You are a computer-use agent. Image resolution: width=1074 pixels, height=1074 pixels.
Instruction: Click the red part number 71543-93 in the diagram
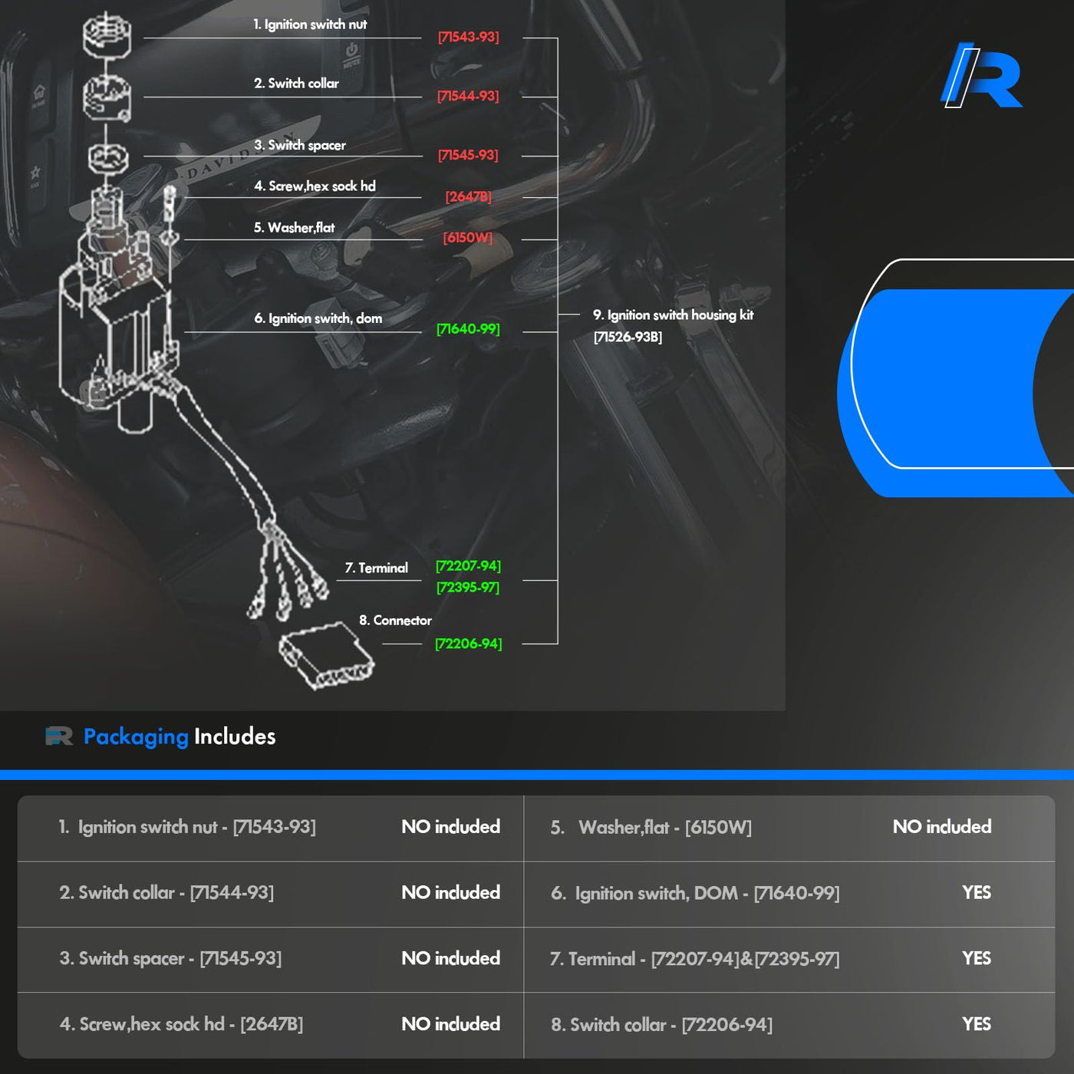tap(468, 37)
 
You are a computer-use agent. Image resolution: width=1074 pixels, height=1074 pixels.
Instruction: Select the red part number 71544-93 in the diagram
tap(468, 96)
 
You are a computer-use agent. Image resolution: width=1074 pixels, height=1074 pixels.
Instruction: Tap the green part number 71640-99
tap(468, 329)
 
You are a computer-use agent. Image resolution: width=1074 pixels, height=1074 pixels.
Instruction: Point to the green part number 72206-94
tap(468, 644)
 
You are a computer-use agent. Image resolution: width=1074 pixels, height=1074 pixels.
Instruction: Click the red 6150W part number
tap(467, 238)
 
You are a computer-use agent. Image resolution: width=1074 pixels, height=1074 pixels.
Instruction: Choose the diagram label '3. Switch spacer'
tap(300, 145)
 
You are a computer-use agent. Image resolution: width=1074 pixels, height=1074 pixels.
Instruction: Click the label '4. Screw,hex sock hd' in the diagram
tap(315, 186)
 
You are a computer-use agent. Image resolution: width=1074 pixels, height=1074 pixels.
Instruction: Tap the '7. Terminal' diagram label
tap(376, 568)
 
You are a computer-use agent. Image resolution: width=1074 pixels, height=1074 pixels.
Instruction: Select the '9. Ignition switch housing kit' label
tap(673, 315)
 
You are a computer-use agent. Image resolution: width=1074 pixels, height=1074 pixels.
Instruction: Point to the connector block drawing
tap(325, 656)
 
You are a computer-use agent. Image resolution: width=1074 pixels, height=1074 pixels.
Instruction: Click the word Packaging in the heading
tap(136, 736)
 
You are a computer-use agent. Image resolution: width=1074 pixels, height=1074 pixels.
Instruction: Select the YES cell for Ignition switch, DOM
tap(976, 893)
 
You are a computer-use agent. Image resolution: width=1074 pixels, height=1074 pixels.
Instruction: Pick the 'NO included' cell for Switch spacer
tap(450, 959)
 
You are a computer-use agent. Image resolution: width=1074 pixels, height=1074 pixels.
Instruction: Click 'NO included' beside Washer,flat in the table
tap(941, 827)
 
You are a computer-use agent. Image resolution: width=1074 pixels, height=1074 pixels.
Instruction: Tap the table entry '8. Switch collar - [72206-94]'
tap(661, 1025)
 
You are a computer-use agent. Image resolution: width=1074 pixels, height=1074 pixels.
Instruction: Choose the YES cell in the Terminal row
tap(976, 959)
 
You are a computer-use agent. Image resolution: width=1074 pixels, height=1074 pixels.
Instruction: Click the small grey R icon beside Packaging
tap(59, 736)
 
